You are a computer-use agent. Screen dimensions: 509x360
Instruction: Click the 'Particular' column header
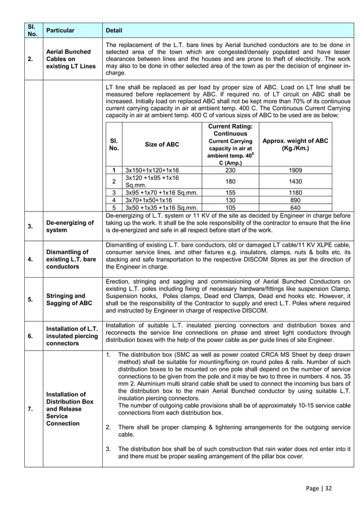pos(60,30)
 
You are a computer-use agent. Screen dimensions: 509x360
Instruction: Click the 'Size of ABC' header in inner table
pos(162,144)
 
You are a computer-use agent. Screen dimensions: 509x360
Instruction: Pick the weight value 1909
pos(295,170)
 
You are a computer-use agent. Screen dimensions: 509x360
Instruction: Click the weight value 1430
pos(295,182)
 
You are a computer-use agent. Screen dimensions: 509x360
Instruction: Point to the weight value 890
pos(295,200)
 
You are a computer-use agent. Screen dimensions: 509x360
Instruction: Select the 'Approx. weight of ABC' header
pos(295,144)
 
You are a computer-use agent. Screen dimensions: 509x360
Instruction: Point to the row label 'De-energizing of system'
pos(71,226)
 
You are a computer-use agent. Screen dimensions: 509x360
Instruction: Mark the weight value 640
pos(295,207)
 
